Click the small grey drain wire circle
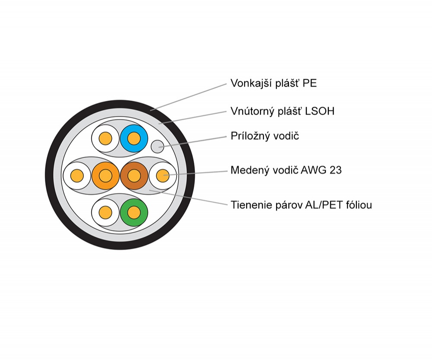[x=158, y=146]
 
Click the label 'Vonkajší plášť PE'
[x=273, y=83]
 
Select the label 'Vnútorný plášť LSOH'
[x=283, y=111]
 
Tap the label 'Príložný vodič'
[x=265, y=136]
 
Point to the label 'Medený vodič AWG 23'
[x=286, y=170]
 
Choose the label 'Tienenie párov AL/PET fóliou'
[x=301, y=205]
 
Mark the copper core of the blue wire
[x=134, y=138]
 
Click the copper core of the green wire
[x=134, y=213]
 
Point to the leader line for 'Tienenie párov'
[x=188, y=198]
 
